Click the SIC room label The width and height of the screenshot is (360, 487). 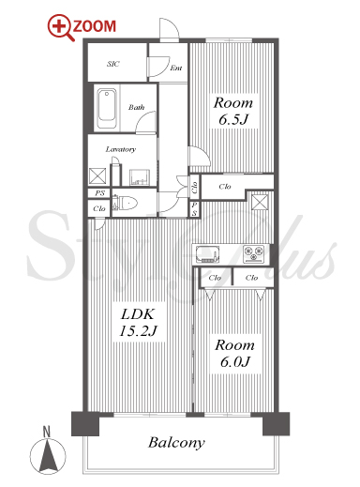point(112,64)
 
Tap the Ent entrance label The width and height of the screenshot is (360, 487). point(176,68)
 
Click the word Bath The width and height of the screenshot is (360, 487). point(137,107)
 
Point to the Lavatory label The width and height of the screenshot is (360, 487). point(121,149)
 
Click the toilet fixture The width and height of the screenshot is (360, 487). point(125,203)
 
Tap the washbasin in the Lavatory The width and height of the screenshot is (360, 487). point(140,177)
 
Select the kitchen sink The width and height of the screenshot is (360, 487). point(207,253)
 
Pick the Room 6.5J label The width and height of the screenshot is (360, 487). point(233,111)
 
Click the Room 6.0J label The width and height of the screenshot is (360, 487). point(234,354)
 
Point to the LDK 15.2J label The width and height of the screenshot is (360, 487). point(138,323)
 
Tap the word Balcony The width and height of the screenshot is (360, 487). point(176,443)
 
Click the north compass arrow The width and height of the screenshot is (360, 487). point(48,455)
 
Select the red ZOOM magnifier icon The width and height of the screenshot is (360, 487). point(61,27)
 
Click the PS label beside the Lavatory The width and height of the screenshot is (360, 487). point(99,193)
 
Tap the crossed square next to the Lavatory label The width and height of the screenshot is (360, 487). point(97,175)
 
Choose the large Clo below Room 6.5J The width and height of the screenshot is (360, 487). point(225,187)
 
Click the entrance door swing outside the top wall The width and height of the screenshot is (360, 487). point(170,29)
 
